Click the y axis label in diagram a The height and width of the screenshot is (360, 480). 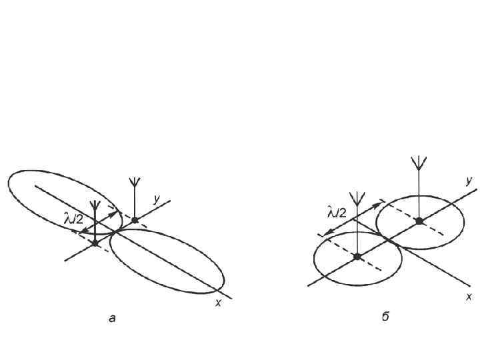coord(156,198)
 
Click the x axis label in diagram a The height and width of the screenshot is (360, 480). coord(218,303)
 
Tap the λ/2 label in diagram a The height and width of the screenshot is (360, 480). coord(73,218)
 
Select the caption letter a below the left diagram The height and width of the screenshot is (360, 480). coord(112,319)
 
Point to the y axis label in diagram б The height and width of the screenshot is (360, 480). coord(469,180)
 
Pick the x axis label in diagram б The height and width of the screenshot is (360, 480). coord(469,297)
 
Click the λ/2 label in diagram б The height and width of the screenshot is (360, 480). coord(337,213)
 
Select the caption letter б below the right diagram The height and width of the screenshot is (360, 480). coord(385,317)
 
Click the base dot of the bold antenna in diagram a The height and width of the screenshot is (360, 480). coord(95,243)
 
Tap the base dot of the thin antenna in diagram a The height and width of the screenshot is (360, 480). coord(135,219)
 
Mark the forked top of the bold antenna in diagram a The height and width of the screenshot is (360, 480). coord(95,205)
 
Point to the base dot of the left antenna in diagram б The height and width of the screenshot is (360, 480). coord(358,257)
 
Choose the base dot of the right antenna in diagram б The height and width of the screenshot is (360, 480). coord(419,221)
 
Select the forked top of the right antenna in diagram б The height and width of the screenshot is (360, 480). coord(419,163)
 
